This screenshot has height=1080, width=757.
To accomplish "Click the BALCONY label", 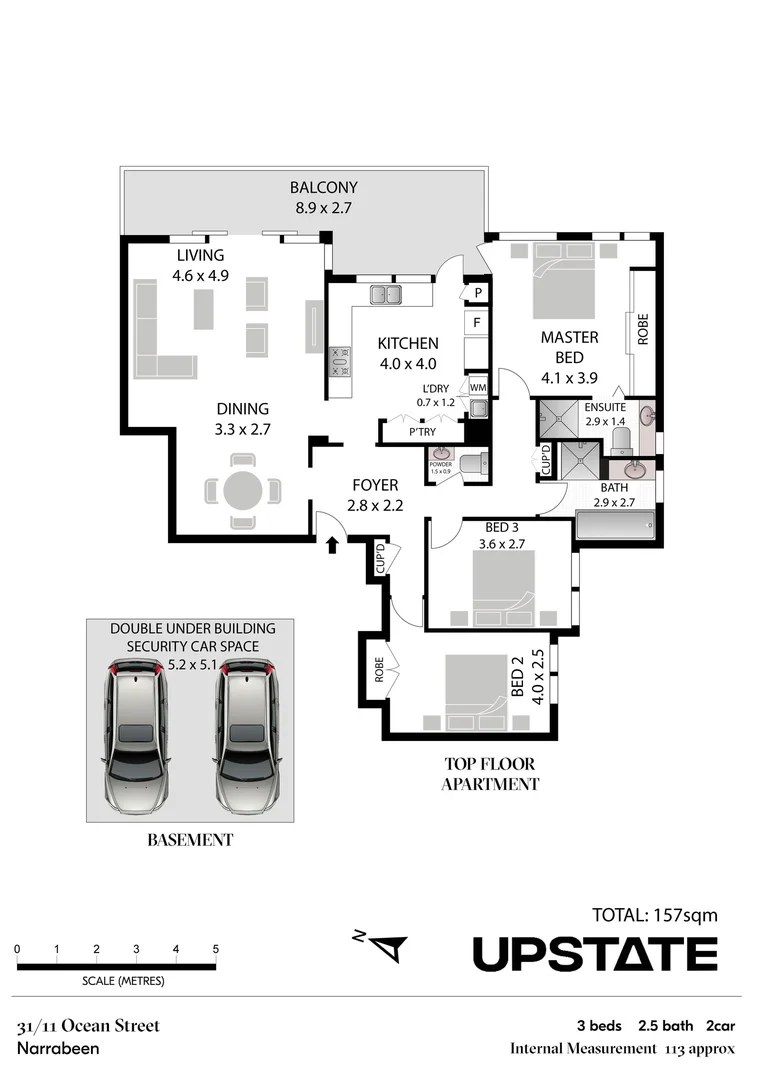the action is (323, 187).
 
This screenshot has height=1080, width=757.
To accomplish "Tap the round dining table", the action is (242, 491).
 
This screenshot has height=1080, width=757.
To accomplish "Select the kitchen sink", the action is (386, 295).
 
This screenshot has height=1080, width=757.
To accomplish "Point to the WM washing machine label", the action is (478, 387).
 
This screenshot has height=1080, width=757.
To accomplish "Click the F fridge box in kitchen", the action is (477, 322).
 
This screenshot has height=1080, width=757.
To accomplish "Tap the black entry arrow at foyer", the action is (332, 545).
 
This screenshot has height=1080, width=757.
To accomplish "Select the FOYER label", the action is (375, 485).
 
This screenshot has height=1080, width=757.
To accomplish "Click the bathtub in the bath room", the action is (614, 527).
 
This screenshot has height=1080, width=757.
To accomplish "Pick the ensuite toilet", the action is (620, 441).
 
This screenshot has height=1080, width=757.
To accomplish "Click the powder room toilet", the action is (474, 464).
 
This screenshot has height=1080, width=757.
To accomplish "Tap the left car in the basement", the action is (138, 735).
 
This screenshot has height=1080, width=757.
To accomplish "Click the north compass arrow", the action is (390, 948).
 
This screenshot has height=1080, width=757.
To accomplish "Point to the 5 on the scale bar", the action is (216, 949).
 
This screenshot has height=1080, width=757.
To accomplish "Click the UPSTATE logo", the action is (595, 954).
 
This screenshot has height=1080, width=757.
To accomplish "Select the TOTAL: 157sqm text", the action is (655, 915).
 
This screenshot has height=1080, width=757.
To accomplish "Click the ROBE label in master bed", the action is (643, 329).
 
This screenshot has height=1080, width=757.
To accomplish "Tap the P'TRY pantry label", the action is (422, 432).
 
